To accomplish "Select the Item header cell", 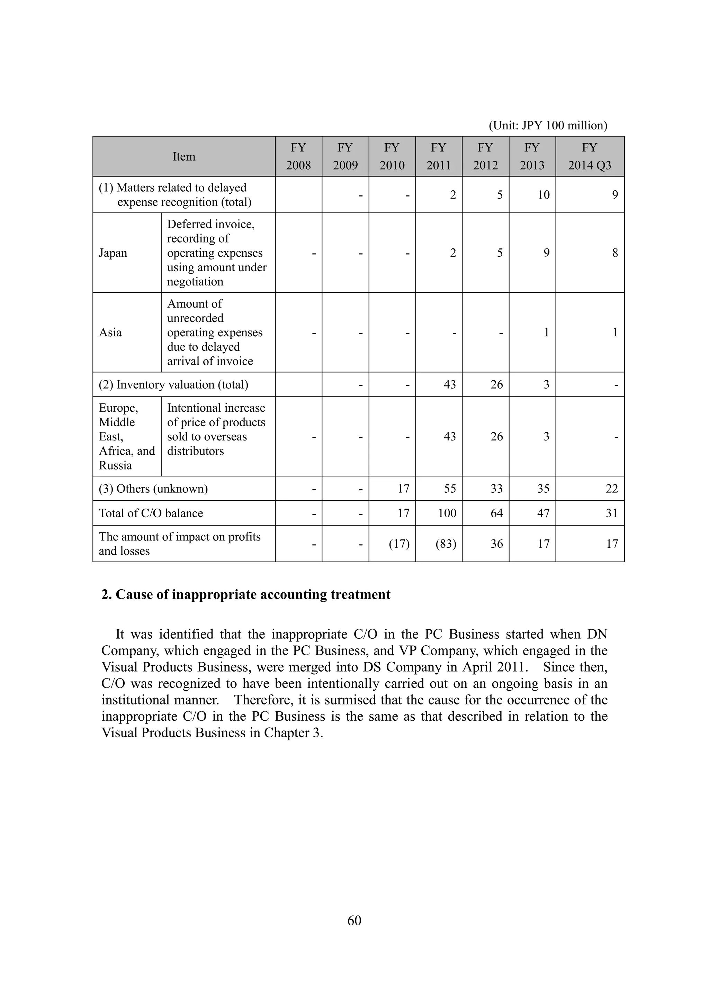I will (184, 156).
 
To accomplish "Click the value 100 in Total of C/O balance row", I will (447, 513).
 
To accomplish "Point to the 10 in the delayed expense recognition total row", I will (543, 195).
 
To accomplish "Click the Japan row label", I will (113, 253).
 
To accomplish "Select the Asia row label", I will (110, 332).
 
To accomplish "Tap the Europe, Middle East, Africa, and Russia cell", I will (127, 436).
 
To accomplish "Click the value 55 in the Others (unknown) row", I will (450, 488).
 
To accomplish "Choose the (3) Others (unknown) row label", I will (153, 488).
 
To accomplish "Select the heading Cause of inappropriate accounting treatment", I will (246, 594).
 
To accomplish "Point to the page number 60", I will (354, 920).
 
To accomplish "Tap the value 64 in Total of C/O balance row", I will (496, 513).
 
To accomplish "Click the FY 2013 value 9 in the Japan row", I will (546, 253).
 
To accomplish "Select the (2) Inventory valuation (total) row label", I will (173, 384).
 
